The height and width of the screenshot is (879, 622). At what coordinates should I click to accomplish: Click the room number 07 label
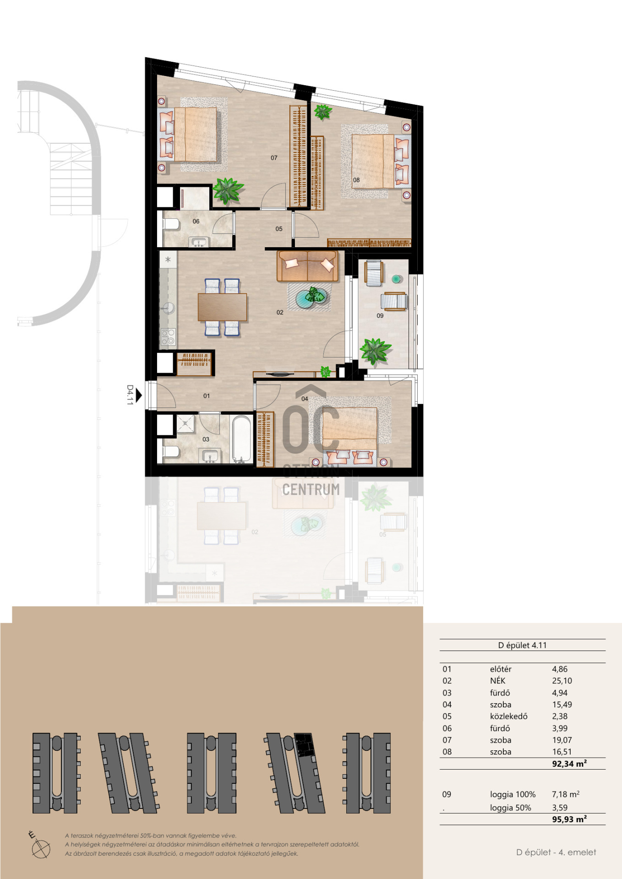click(274, 158)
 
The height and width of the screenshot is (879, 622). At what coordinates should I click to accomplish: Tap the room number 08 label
click(356, 180)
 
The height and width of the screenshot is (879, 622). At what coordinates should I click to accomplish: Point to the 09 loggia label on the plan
click(380, 315)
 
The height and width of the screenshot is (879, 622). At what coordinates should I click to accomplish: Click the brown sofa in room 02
click(307, 266)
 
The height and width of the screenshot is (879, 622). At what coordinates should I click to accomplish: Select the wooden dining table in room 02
click(223, 307)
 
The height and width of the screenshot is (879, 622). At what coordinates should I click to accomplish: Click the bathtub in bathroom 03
click(242, 438)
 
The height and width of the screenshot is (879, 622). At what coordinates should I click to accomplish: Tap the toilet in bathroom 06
click(171, 224)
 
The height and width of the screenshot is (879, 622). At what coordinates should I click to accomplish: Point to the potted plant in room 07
click(228, 190)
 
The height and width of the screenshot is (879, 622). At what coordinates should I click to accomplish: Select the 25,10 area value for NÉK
click(562, 681)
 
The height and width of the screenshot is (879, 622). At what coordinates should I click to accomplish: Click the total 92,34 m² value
click(569, 764)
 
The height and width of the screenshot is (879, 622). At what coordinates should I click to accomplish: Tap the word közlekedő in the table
click(509, 716)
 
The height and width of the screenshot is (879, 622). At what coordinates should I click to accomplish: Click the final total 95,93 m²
click(569, 819)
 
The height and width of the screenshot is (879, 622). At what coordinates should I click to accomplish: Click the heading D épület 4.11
click(523, 645)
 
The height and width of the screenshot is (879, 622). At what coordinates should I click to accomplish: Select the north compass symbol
click(40, 846)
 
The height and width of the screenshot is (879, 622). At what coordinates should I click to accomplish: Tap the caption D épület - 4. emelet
click(556, 852)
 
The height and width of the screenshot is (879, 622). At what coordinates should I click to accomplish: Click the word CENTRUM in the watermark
click(311, 489)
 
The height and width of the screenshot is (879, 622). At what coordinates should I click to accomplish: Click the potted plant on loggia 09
click(376, 351)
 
